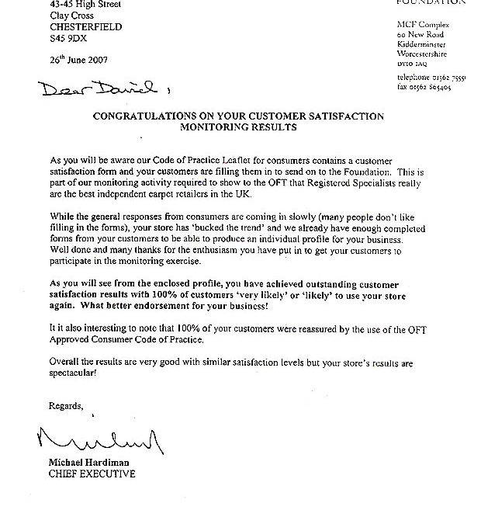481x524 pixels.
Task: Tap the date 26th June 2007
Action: click(78, 60)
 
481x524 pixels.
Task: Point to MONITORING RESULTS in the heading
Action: click(238, 127)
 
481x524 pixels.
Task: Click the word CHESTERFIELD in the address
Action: click(87, 26)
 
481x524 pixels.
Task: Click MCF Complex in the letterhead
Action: click(423, 26)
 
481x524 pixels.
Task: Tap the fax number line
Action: click(425, 88)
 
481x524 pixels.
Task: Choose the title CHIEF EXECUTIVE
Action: click(92, 474)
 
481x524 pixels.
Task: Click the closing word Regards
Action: click(66, 406)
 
